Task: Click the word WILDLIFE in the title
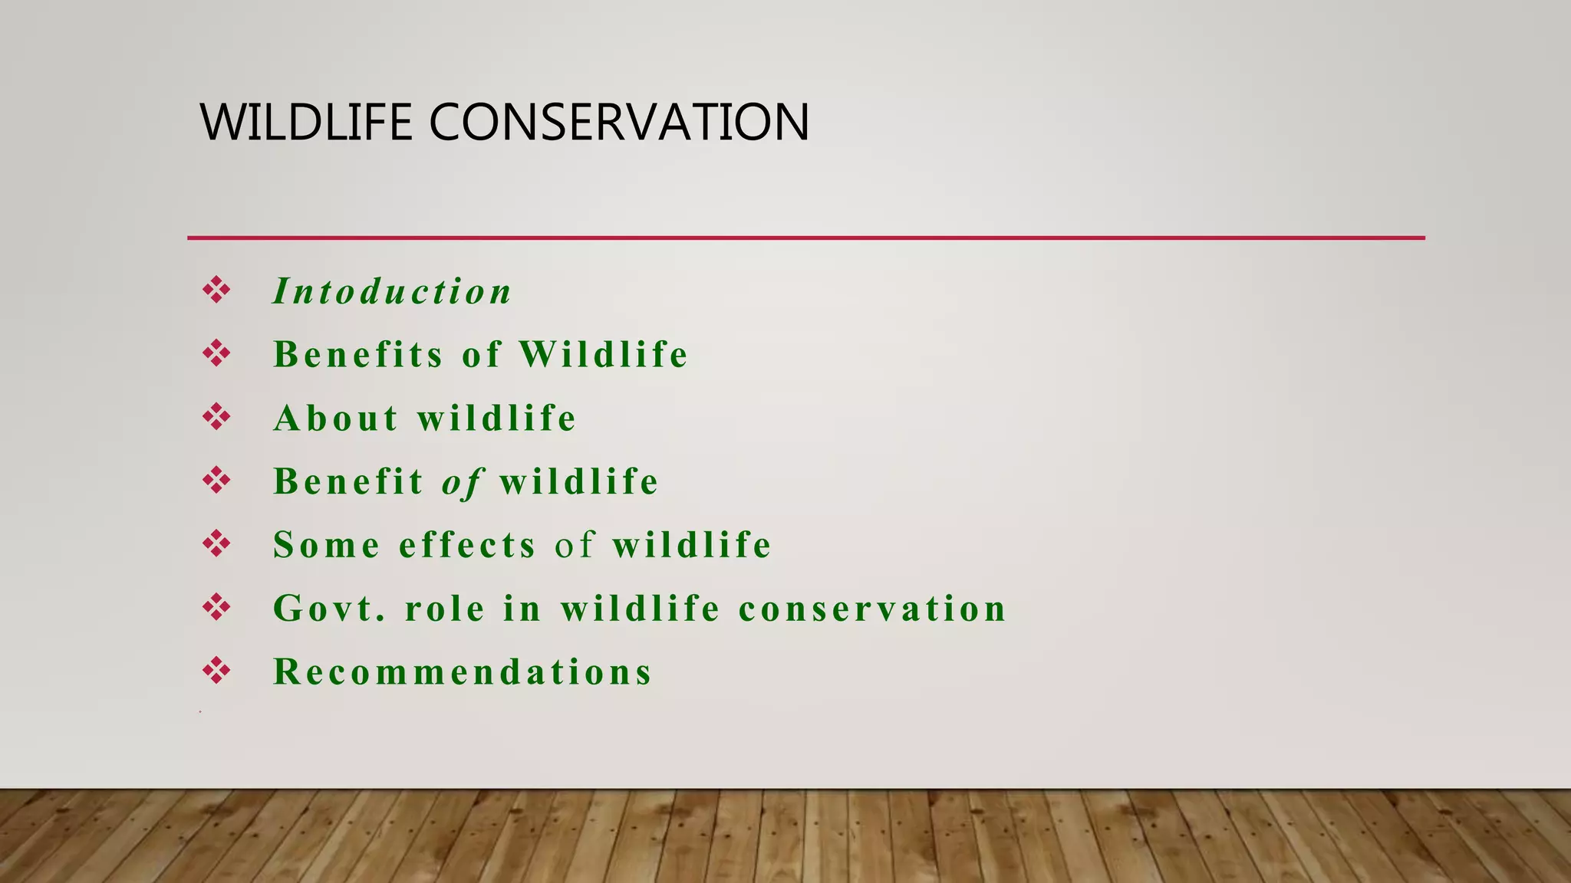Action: (306, 123)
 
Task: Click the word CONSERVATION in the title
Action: (618, 123)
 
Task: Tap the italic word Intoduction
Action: (392, 292)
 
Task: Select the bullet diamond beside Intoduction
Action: (216, 291)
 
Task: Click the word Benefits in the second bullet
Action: (358, 355)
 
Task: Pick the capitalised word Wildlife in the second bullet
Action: (604, 355)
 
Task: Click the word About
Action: (336, 419)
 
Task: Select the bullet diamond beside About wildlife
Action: (216, 417)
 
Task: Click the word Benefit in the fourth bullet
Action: (348, 482)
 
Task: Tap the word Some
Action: (327, 545)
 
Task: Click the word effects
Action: (468, 545)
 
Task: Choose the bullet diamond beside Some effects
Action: (216, 544)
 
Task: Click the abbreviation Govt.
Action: (330, 609)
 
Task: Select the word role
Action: (445, 609)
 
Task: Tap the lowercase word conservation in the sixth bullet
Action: (872, 609)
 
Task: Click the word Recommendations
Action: (463, 672)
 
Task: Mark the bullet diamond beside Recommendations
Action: (216, 671)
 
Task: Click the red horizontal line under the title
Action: (805, 238)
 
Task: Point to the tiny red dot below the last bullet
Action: (200, 712)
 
